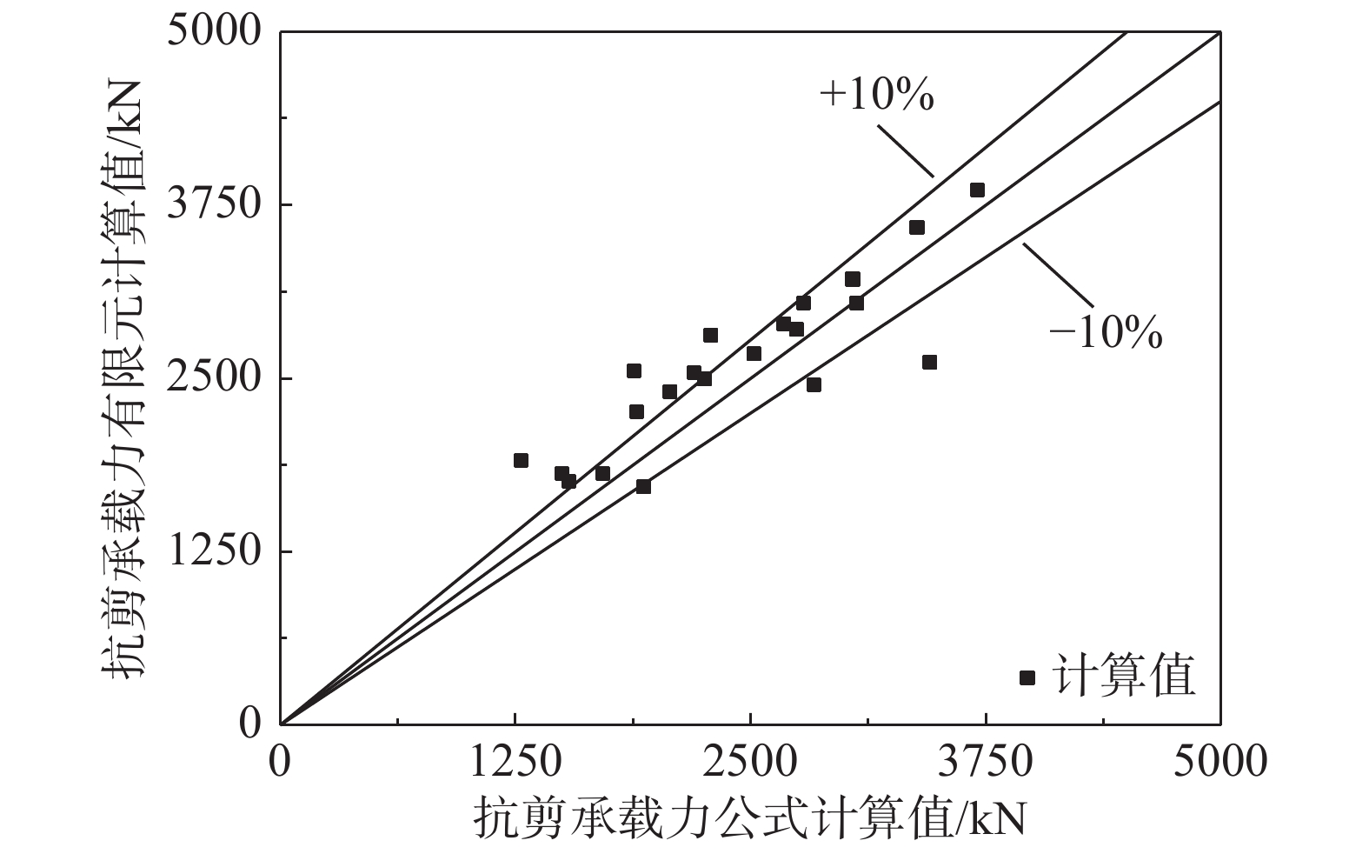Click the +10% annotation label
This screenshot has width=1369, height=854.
[876, 96]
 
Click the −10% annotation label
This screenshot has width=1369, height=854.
[1106, 334]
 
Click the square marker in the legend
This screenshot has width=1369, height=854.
[1027, 677]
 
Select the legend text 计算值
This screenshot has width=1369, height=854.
[1123, 676]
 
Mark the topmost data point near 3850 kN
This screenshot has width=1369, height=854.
[977, 190]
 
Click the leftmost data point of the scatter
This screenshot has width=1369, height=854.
[521, 460]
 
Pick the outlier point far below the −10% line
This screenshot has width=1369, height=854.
[929, 363]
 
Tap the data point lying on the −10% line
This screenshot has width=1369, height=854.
[643, 487]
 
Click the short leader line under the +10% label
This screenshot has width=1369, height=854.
[906, 151]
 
